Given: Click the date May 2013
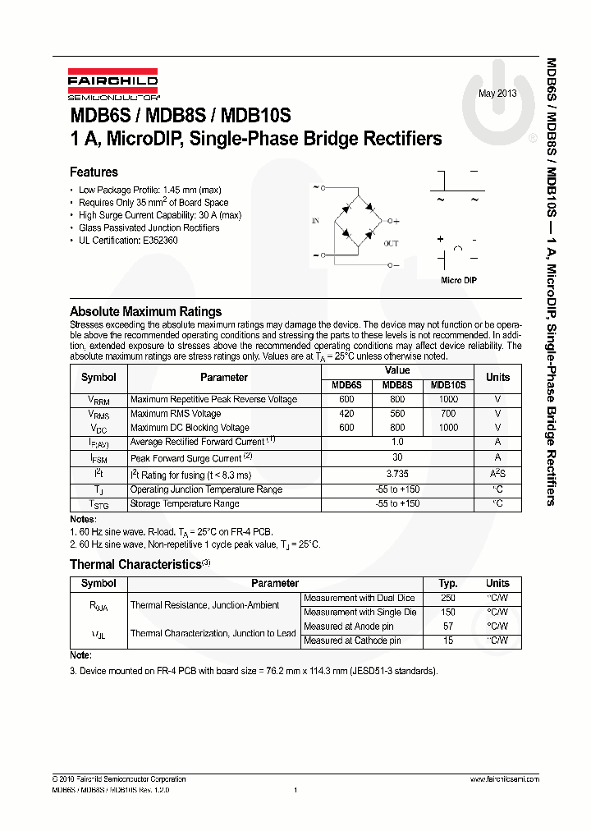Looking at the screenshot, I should click(x=498, y=93).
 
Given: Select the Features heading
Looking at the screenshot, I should click(x=94, y=172).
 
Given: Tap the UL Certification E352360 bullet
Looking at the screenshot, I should click(x=128, y=241).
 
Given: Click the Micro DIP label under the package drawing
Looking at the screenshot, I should click(x=459, y=281).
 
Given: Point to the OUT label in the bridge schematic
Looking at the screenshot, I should click(x=392, y=243).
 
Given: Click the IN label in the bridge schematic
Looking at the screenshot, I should click(x=315, y=221).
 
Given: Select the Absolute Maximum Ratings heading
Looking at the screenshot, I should click(x=145, y=312).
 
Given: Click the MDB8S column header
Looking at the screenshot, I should click(x=397, y=385).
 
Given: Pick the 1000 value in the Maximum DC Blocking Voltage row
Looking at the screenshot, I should click(x=448, y=428).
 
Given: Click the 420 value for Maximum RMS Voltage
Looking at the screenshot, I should click(x=346, y=414).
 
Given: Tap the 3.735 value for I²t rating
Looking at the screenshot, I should click(x=397, y=475).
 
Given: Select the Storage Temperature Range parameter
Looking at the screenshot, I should click(x=185, y=503).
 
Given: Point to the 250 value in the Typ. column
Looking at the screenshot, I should click(x=448, y=599).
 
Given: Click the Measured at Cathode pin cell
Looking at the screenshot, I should click(x=352, y=640).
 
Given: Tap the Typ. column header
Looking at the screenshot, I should click(x=448, y=584).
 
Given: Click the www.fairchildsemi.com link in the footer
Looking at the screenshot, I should click(x=504, y=779).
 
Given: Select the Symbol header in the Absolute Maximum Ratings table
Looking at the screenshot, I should click(x=98, y=378).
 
